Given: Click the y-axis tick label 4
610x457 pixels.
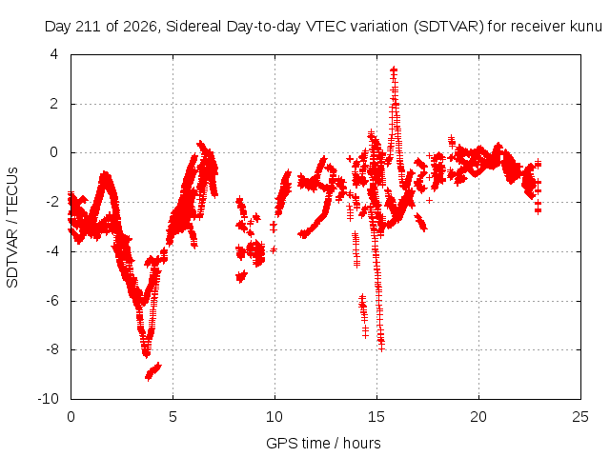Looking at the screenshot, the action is (54, 54).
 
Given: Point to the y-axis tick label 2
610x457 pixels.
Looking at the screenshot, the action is (54, 104).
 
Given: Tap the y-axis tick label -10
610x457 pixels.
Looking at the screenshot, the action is (48, 398).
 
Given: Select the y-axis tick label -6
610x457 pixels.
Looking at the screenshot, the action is (51, 300).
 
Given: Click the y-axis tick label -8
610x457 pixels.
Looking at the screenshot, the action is (51, 349).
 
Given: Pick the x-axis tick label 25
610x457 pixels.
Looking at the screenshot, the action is (580, 417).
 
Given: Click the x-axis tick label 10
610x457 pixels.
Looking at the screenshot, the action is (274, 417).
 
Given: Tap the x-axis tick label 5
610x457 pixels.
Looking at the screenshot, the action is (173, 417).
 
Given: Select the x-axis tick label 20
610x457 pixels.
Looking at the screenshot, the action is (478, 417).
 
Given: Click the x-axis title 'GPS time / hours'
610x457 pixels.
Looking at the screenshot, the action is (323, 443).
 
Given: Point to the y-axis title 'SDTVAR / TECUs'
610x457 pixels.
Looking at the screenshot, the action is (12, 228).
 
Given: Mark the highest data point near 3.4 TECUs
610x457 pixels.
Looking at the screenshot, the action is (394, 70).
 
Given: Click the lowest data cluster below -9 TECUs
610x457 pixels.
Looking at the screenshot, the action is (152, 371).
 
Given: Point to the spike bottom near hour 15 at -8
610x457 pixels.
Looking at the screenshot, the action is (381, 346).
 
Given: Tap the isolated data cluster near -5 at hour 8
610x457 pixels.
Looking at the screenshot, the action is (241, 276).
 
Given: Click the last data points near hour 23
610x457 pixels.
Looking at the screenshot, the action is (538, 187).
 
